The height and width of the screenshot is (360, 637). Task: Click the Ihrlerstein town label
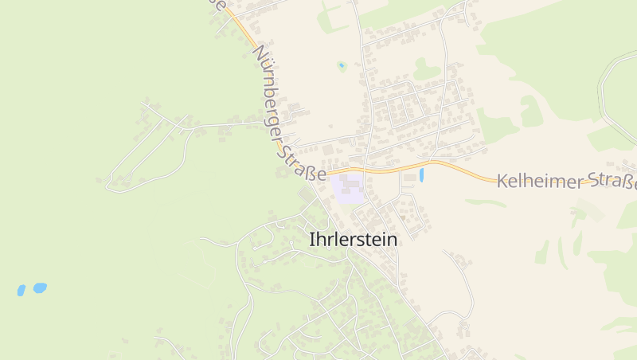[353, 238]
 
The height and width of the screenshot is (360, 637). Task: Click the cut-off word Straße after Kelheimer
[618, 182]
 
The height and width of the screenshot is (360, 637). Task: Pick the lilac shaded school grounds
[347, 188]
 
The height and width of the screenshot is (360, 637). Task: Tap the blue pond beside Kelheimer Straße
[421, 174]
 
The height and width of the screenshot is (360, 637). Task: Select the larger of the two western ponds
[39, 287]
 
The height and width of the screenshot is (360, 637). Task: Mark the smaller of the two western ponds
[21, 291]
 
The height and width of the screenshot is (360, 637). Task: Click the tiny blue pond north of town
[342, 65]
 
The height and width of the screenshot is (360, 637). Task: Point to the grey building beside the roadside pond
[409, 177]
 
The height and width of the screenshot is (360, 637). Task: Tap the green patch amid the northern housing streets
[426, 70]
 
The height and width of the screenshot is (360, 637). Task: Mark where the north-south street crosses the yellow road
[365, 170]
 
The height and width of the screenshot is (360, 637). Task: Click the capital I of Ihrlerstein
[311, 238]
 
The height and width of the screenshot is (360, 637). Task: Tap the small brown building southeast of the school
[404, 216]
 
